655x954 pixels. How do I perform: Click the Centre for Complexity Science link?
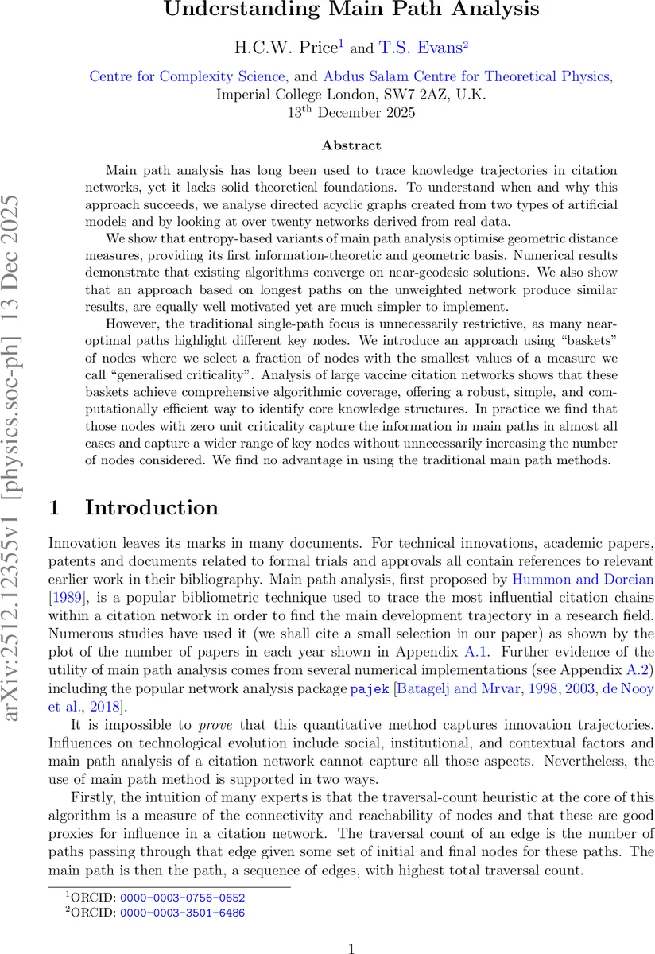pyautogui.click(x=187, y=76)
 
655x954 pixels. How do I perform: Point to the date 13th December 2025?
pyautogui.click(x=351, y=112)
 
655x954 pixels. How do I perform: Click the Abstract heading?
pyautogui.click(x=351, y=145)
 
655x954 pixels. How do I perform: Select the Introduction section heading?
pyautogui.click(x=151, y=508)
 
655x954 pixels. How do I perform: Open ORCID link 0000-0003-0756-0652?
pyautogui.click(x=182, y=898)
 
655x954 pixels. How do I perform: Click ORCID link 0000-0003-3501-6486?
pyautogui.click(x=182, y=913)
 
